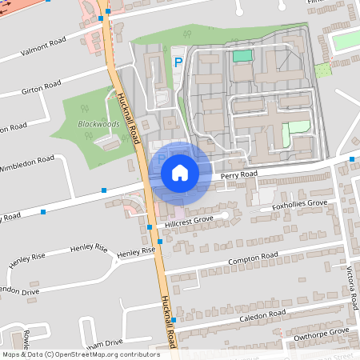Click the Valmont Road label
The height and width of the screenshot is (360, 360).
34,49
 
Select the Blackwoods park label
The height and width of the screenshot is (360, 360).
98,125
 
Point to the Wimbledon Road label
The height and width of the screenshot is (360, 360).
28,163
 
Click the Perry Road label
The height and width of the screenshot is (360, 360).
240,174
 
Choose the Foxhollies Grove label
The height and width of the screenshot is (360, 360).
300,206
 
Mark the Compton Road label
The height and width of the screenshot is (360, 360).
252,258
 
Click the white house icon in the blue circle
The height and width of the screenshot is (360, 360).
180,172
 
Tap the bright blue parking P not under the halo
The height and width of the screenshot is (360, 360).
178,61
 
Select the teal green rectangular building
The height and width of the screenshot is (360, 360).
242,55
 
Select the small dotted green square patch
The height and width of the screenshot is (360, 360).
322,70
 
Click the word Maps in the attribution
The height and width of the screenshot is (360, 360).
11,354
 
